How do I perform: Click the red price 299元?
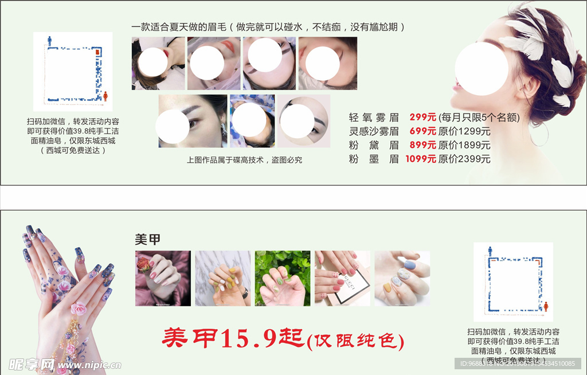pos(422,118)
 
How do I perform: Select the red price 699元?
pos(422,131)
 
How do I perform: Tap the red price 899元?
pos(422,145)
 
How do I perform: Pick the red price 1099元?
pos(421,159)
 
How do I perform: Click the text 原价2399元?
pos(464,159)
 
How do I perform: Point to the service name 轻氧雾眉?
pos(373,118)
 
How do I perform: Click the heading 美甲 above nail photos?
pos(147,240)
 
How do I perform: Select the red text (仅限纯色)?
pos(355,341)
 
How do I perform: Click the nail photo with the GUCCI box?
pos(342,278)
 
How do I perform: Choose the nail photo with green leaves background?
pos(283,278)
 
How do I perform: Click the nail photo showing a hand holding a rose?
pos(163,278)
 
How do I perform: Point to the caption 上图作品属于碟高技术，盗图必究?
pos(244,160)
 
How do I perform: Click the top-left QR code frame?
pos(73,72)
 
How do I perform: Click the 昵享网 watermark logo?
pos(32,364)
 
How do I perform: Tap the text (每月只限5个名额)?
pos(479,118)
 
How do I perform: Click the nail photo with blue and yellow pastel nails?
pos(402,278)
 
